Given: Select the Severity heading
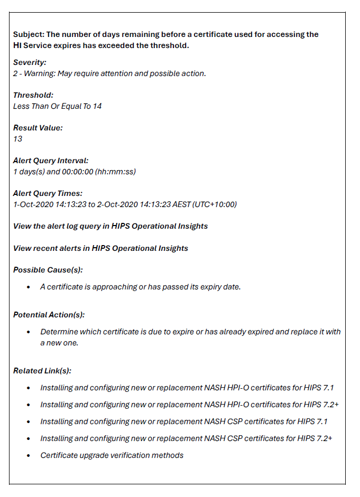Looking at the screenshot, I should pos(30,62).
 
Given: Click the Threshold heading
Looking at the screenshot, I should pos(33,95).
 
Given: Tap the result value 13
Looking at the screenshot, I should pos(17,139).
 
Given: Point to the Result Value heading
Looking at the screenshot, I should pos(38,128).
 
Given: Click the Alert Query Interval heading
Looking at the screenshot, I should pos(51,161).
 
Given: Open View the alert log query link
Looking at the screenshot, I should pos(110,226).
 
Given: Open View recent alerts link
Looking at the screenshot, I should pos(100,248).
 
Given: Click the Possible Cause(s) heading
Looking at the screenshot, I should pos(48,270).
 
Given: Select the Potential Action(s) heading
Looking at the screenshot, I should pos(49,315).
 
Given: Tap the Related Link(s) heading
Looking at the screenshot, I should pos(42,371).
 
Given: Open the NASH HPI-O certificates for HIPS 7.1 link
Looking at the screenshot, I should pos(187,388).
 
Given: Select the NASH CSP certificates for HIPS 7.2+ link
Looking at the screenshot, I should pos(186,438).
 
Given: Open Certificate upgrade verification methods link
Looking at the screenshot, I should pos(112,455).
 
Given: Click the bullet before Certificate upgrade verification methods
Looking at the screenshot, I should pos(28,455).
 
